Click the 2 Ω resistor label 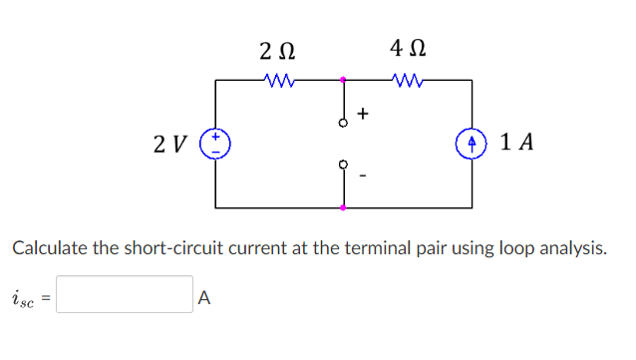(276, 50)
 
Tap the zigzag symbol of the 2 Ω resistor (276, 79)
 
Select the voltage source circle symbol (215, 143)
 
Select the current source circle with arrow (472, 143)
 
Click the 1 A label (517, 143)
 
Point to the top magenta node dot (343, 79)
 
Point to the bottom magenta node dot (343, 207)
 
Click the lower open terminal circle (343, 164)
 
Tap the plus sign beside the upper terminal (363, 114)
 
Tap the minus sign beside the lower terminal (363, 179)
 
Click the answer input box (124, 295)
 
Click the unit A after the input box (204, 296)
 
